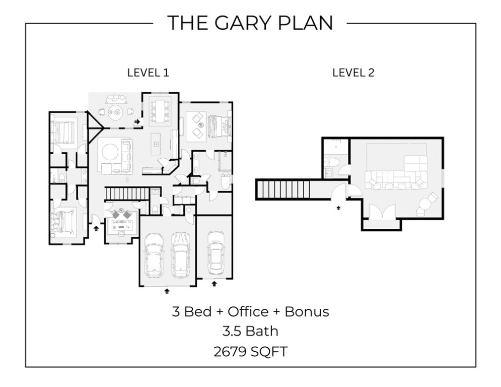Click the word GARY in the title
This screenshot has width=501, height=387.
pos(235,23)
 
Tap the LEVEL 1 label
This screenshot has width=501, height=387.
pos(148,73)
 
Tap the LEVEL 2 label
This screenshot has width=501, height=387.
pos(353,73)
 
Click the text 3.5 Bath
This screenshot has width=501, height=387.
pos(250,331)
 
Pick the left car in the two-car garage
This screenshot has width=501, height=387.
pos(155,257)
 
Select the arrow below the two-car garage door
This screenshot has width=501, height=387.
pos(167,291)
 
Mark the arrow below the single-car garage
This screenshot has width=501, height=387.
pos(214,284)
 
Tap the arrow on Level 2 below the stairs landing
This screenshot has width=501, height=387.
pos(338,206)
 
